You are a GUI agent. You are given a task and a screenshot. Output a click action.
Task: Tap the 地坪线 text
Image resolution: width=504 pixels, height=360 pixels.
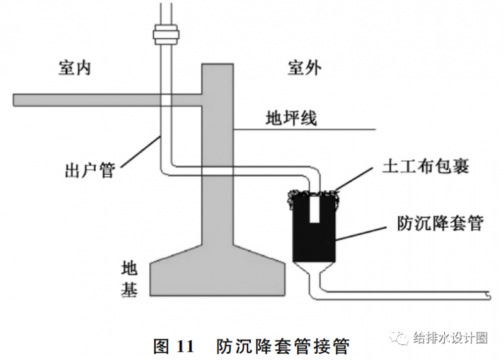point(292,118)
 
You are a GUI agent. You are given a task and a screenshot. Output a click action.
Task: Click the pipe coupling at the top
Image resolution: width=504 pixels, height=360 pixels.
point(166,32)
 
